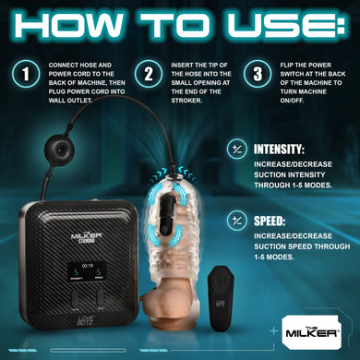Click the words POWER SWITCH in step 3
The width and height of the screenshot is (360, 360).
(x=300, y=72)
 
